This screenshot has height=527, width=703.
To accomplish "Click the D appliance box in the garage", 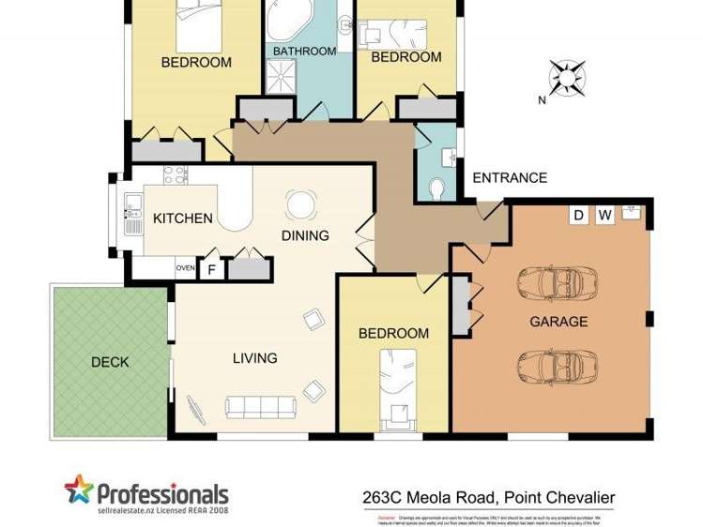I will pos(579,216).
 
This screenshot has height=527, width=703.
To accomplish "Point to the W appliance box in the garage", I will pos(604,216).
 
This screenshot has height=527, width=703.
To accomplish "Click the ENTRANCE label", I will pos(509,178).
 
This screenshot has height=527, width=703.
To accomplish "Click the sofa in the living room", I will pos(261,406).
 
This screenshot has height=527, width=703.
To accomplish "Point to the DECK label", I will pos(110,362).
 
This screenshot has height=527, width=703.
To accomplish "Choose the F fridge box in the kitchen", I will pos(212,270).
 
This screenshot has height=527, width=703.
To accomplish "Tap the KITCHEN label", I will pos(182,218).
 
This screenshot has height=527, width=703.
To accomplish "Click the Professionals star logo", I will pos(80,489).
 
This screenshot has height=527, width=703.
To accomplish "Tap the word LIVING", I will pos(255,357).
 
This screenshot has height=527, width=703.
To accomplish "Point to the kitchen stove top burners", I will pos(175,173).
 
